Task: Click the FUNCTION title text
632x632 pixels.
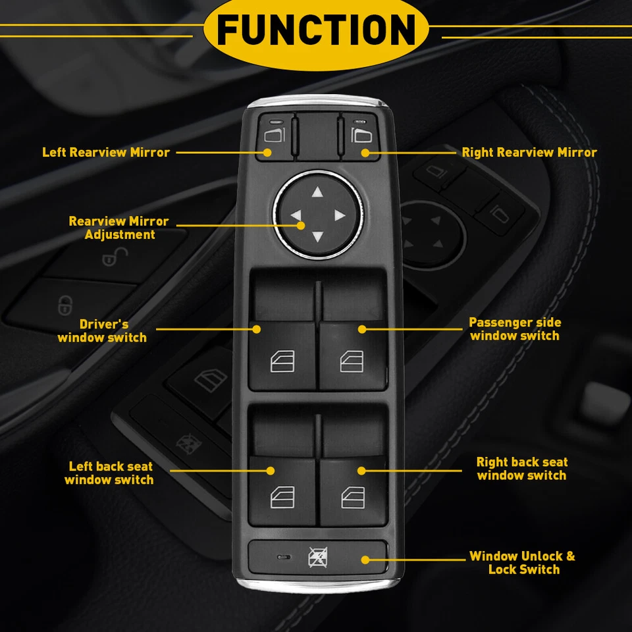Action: [x=316, y=30]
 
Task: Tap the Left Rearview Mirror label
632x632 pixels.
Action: [x=106, y=152]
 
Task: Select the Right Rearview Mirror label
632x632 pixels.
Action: [x=529, y=152]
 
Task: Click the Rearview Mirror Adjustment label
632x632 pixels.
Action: [x=118, y=228]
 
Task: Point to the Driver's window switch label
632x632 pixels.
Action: [x=102, y=330]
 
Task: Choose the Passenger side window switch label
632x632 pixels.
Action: [x=515, y=329]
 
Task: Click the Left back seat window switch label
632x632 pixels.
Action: [x=109, y=473]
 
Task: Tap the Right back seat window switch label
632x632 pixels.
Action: [x=521, y=469]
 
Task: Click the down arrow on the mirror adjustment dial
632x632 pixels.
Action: [x=317, y=238]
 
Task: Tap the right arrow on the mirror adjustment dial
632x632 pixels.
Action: [x=340, y=215]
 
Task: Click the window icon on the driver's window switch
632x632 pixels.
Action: [x=282, y=361]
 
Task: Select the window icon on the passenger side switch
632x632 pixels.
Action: [x=352, y=361]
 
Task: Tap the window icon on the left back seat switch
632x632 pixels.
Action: [x=282, y=498]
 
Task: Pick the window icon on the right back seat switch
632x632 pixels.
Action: [x=352, y=498]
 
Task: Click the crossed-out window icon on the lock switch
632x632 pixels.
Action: [x=317, y=558]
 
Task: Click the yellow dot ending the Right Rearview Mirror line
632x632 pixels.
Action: [x=365, y=153]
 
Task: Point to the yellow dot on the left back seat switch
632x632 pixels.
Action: [x=270, y=470]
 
